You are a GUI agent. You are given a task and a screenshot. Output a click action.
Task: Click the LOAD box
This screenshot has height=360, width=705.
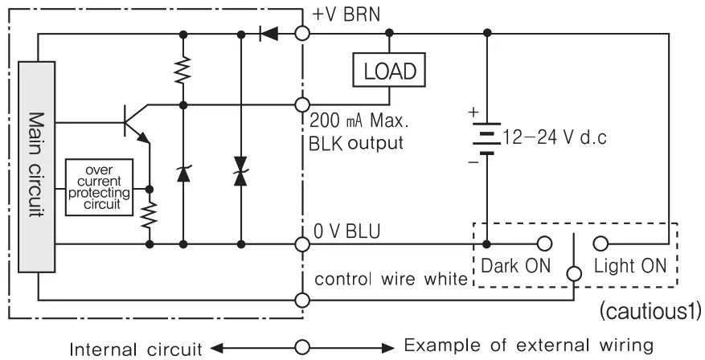tap(390, 71)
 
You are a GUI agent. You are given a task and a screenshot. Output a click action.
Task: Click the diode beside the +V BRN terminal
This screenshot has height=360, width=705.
tap(268, 34)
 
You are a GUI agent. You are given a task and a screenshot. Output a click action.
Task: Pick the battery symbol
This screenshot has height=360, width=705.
tap(486, 137)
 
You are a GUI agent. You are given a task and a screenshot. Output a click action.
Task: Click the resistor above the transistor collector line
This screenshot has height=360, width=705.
tap(183, 70)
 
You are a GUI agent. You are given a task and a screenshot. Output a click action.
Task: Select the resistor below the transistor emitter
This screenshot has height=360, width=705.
tap(150, 214)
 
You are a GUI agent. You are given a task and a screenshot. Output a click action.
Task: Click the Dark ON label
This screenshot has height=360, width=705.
tap(514, 265)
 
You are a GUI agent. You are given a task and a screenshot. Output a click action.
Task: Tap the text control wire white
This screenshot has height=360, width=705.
tap(390, 280)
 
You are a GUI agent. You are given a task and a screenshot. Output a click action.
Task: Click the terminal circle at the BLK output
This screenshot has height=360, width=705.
tap(302, 104)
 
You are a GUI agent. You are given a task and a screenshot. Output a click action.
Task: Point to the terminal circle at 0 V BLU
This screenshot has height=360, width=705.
tap(302, 242)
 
